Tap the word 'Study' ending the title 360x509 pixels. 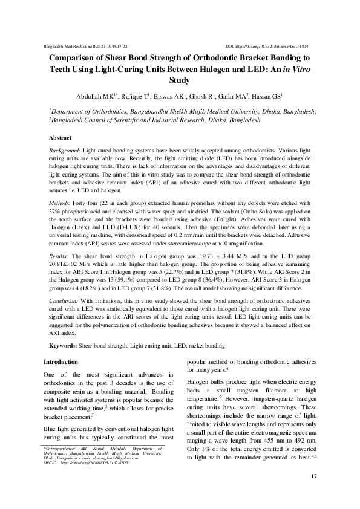pyautogui.click(x=180, y=80)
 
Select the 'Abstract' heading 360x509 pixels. pyautogui.click(x=60, y=138)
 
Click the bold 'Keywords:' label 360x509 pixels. pyautogui.click(x=62, y=345)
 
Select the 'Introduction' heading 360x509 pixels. pyautogui.click(x=61, y=362)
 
